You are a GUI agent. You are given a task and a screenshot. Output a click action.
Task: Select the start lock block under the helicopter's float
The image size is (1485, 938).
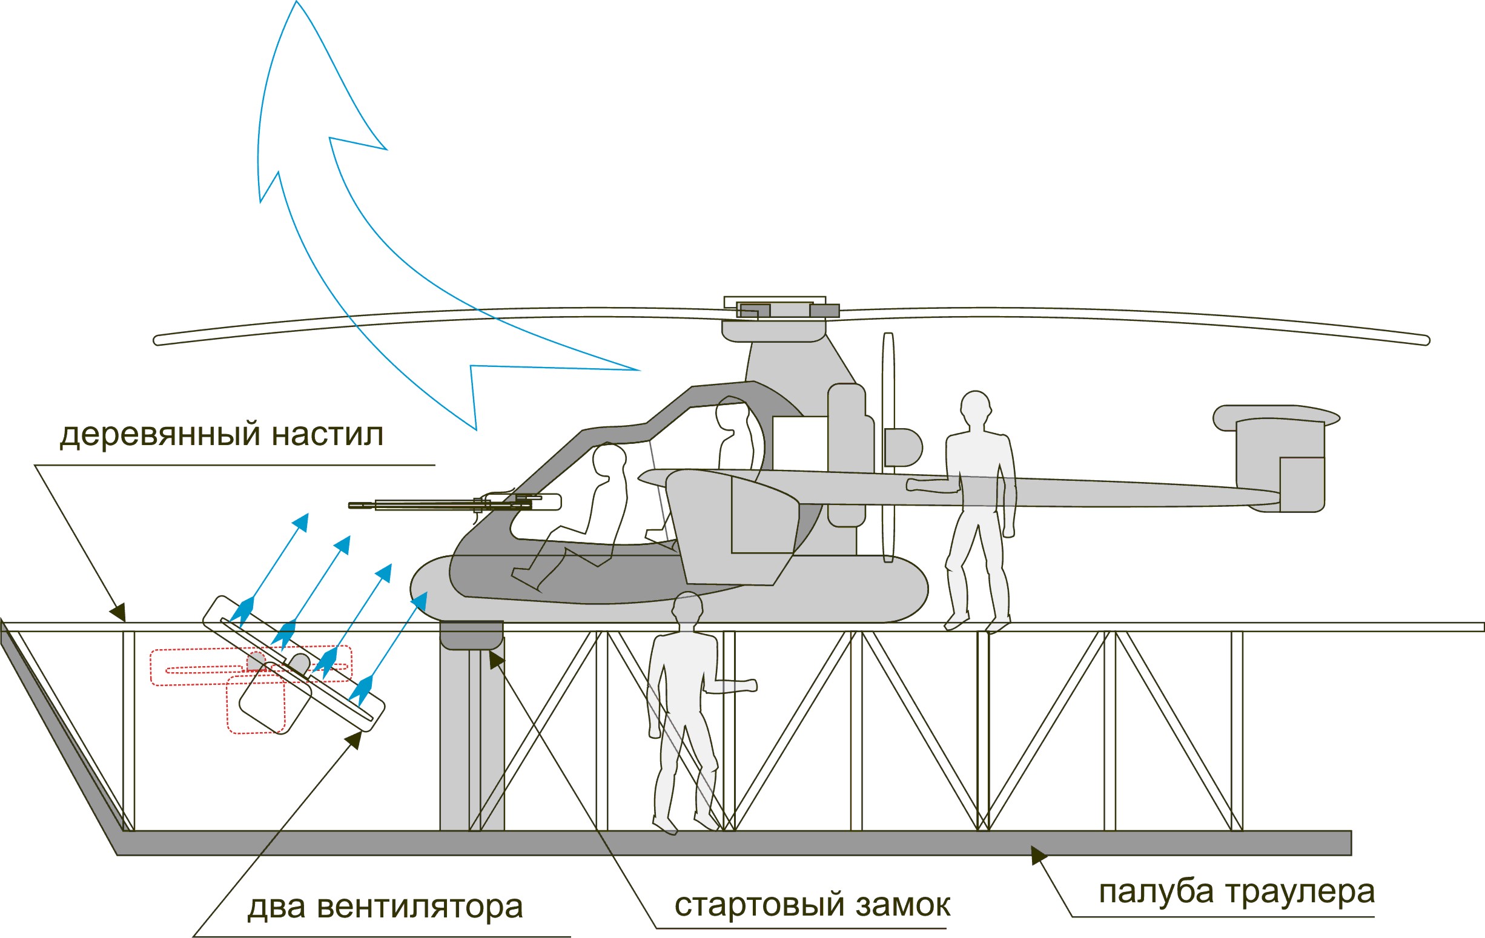click(x=471, y=635)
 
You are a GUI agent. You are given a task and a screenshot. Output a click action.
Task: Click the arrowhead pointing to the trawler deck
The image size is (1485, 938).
click(x=1039, y=856)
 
